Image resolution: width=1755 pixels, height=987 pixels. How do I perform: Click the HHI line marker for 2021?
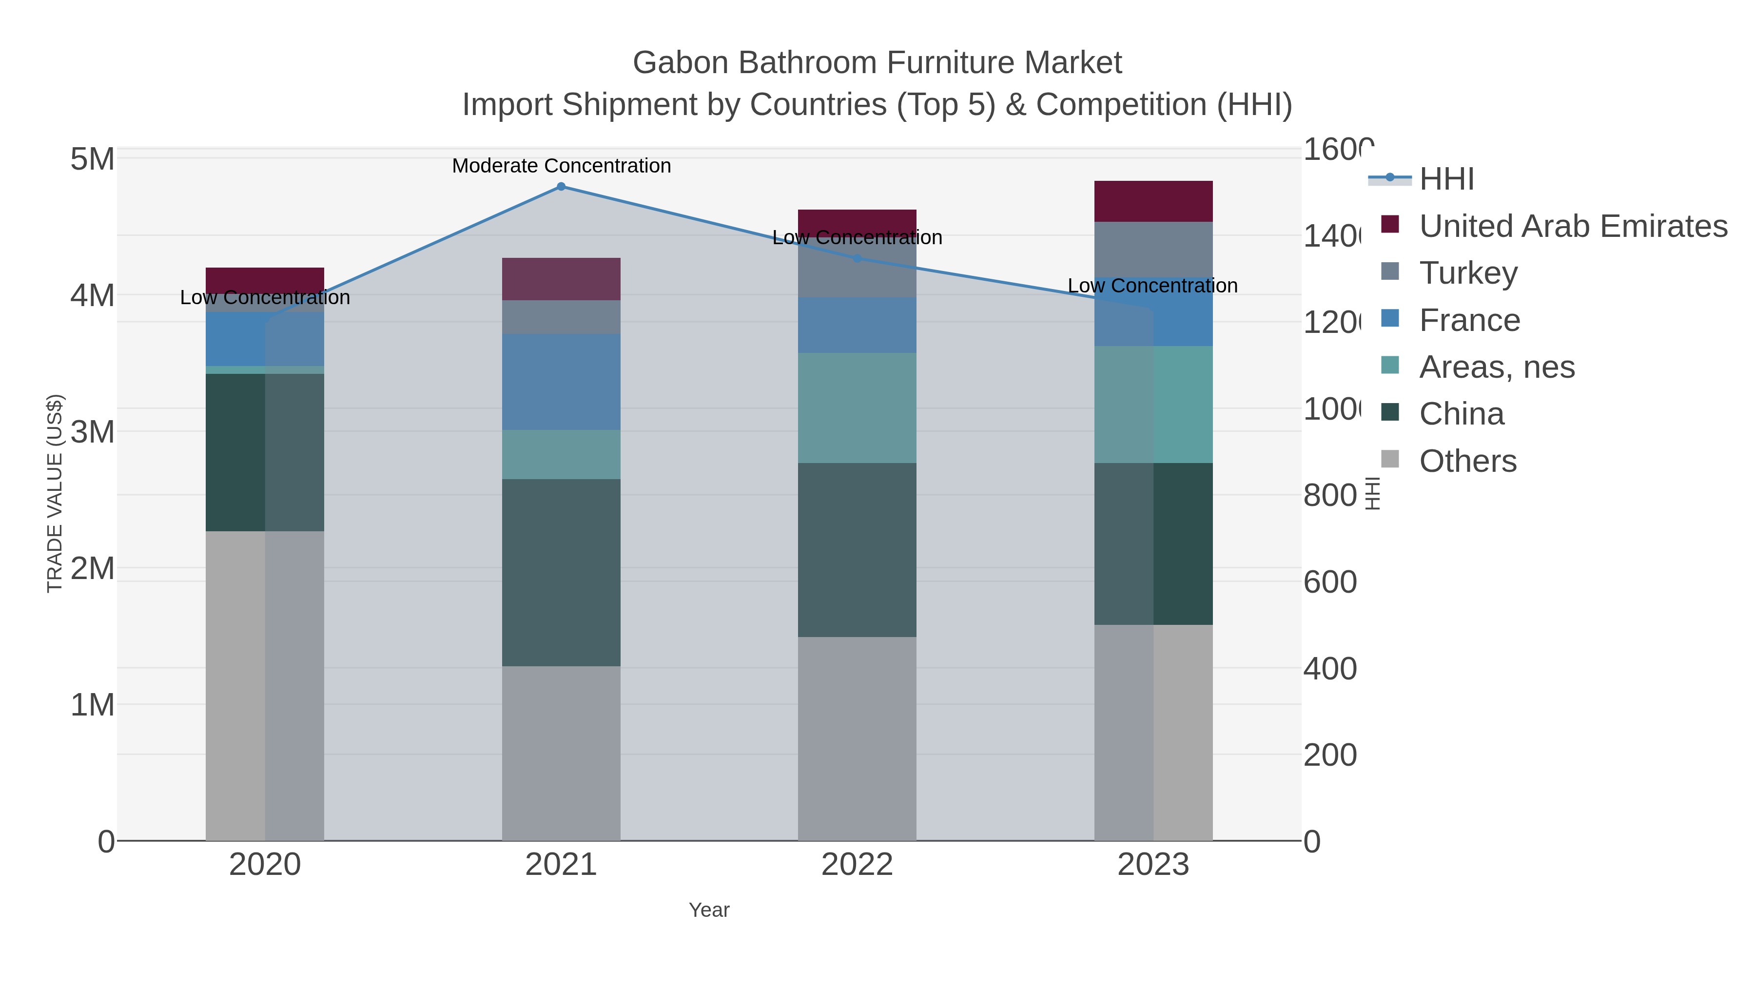click(561, 187)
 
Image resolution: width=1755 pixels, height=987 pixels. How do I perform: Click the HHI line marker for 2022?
click(857, 258)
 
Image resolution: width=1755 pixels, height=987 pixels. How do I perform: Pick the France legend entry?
click(1469, 320)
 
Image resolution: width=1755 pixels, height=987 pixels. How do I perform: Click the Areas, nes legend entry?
click(1496, 367)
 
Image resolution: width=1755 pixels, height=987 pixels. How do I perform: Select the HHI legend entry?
click(1446, 179)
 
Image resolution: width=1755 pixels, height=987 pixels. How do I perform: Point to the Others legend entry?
click(1467, 461)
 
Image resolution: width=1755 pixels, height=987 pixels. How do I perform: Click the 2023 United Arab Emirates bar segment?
click(1153, 202)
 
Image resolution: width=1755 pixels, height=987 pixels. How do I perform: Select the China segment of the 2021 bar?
click(561, 572)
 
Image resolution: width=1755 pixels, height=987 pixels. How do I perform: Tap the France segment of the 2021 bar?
click(561, 382)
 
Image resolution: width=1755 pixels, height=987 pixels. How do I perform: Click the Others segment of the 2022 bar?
click(857, 738)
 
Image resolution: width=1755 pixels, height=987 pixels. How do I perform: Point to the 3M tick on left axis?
click(93, 432)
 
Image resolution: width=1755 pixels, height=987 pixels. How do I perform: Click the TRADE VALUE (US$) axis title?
click(55, 493)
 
